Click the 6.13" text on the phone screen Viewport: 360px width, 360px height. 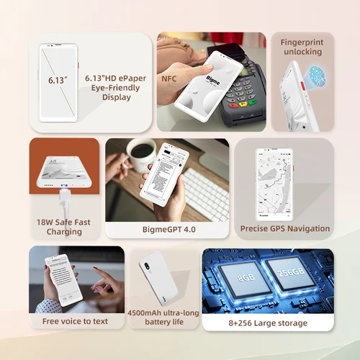(58, 81)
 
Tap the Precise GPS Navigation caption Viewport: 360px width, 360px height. (284, 228)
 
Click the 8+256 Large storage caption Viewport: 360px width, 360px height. (267, 323)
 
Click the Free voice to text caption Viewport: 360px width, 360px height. (76, 321)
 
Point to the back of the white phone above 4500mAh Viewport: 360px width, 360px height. (158, 277)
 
